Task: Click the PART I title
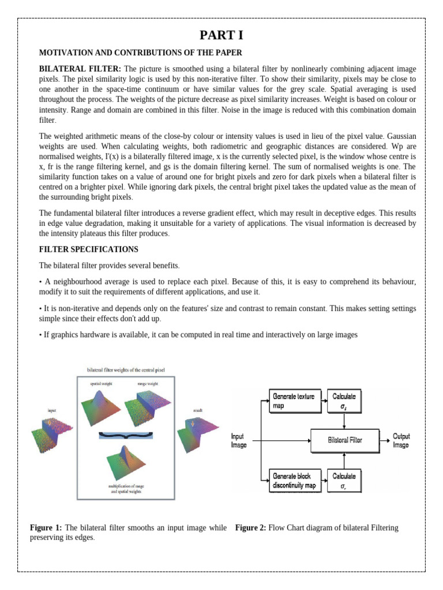tap(221, 35)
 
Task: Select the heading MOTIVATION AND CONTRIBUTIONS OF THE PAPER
tap(141, 52)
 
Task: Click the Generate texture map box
tap(294, 400)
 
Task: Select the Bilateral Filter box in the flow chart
tap(345, 440)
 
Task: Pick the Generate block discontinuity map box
tap(294, 481)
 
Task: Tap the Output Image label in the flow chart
tap(401, 441)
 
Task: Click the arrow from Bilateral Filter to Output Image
tap(385, 440)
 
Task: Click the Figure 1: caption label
tap(46, 528)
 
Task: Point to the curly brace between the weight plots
tap(126, 434)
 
